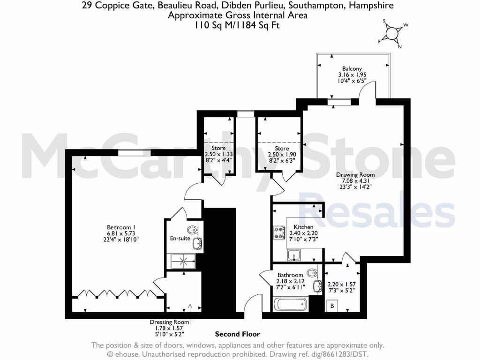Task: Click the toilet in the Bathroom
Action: click(x=312, y=271)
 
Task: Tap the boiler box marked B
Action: click(x=332, y=306)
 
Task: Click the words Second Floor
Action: click(x=237, y=334)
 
